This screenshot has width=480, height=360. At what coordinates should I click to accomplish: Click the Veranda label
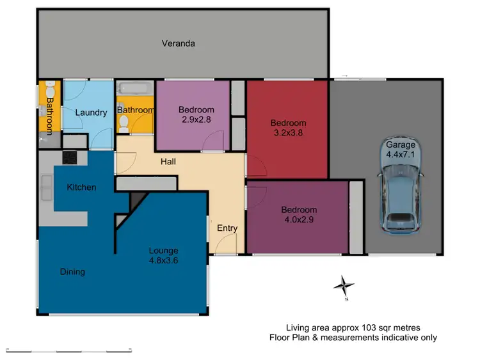pos(178,43)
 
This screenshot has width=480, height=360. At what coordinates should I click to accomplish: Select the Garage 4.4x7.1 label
pos(401,149)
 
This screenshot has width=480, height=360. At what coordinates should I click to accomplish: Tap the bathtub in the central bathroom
pos(134,90)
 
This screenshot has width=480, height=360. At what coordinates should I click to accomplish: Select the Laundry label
pos(91,113)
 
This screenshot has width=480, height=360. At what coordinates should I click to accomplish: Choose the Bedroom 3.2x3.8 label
pos(288,128)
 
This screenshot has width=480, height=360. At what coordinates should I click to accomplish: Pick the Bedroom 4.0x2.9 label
pos(299,214)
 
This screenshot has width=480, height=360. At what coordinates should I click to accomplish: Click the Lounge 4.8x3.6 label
pos(164,255)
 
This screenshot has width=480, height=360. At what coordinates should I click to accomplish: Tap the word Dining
pos(72,272)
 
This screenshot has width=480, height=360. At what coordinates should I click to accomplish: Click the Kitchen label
pos(82,187)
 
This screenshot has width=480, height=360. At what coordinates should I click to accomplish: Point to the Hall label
pos(168,162)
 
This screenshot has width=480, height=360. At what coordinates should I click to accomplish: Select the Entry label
pos(227,228)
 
